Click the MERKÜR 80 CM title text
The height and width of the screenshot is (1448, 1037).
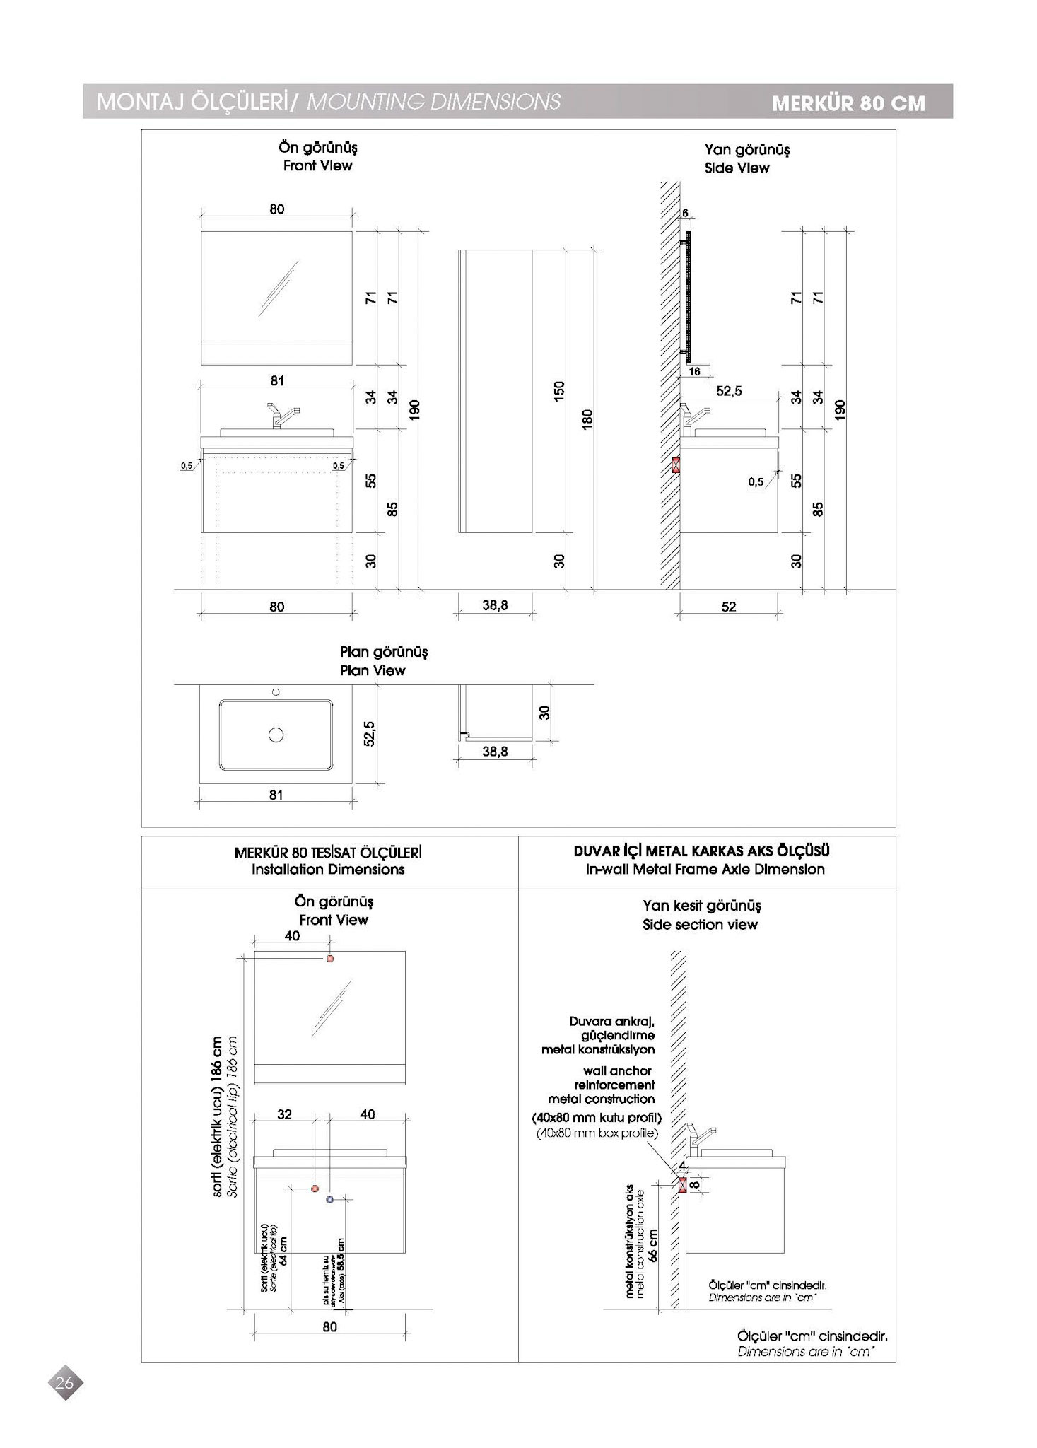coord(848,103)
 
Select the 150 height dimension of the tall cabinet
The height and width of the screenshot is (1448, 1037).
coord(559,390)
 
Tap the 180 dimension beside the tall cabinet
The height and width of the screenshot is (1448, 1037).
coord(587,419)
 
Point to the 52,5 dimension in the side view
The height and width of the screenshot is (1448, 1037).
coord(729,391)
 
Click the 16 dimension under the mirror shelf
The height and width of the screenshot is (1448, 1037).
coord(694,372)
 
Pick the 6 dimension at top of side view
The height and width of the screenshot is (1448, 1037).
coord(685,213)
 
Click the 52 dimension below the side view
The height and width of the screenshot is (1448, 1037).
coord(729,607)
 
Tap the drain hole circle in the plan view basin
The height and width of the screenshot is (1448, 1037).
coord(276,735)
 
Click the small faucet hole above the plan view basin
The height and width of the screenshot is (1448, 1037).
coord(276,691)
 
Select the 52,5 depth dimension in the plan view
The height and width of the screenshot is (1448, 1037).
coord(369,733)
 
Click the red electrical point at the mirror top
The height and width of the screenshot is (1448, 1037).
coord(329,959)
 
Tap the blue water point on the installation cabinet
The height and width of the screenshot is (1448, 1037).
coord(329,1200)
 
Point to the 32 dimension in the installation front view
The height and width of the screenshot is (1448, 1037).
coord(284,1115)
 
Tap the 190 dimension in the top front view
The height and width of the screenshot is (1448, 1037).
coord(415,409)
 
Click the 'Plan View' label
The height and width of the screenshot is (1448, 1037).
coord(373,670)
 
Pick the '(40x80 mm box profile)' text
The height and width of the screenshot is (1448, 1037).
coord(597,1133)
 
